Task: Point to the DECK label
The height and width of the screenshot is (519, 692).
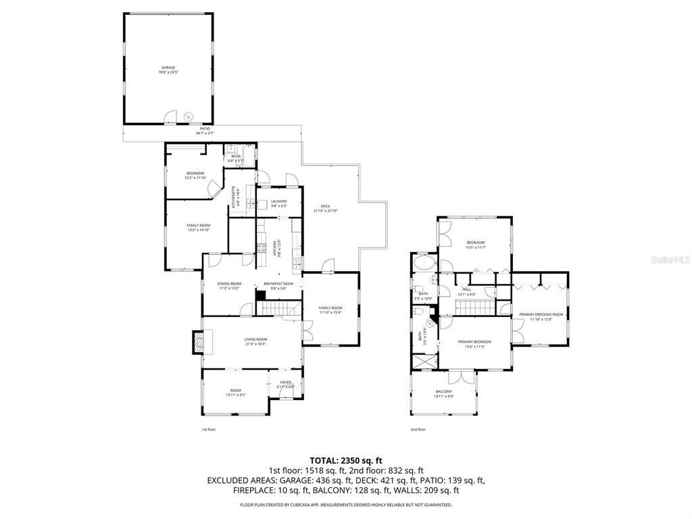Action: tap(326, 207)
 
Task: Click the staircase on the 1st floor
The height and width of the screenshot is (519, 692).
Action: tap(278, 309)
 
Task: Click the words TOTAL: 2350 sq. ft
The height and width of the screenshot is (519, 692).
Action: tap(345, 460)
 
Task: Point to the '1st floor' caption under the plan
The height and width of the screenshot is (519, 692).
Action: tap(209, 429)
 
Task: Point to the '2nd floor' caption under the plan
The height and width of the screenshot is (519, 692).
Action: tap(418, 429)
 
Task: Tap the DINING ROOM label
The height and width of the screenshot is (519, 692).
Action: tap(229, 285)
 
